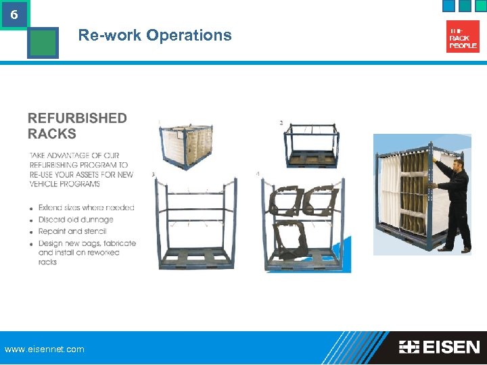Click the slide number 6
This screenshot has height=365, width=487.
(14, 14)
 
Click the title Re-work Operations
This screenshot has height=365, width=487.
(155, 35)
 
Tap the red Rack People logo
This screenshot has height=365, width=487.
(463, 36)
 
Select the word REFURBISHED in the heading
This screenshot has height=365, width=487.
(77, 118)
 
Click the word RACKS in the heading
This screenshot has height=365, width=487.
(52, 133)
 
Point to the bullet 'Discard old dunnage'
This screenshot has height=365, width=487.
(76, 220)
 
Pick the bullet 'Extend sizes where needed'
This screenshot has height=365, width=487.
(86, 208)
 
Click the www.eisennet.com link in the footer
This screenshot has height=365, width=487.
(45, 349)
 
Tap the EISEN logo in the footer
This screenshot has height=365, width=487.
(439, 347)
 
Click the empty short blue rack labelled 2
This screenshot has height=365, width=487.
(312, 145)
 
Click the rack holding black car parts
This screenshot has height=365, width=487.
(306, 223)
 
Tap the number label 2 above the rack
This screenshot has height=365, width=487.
(281, 122)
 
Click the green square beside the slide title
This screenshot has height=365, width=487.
(43, 43)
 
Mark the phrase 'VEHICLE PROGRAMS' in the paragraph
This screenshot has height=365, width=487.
(65, 184)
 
